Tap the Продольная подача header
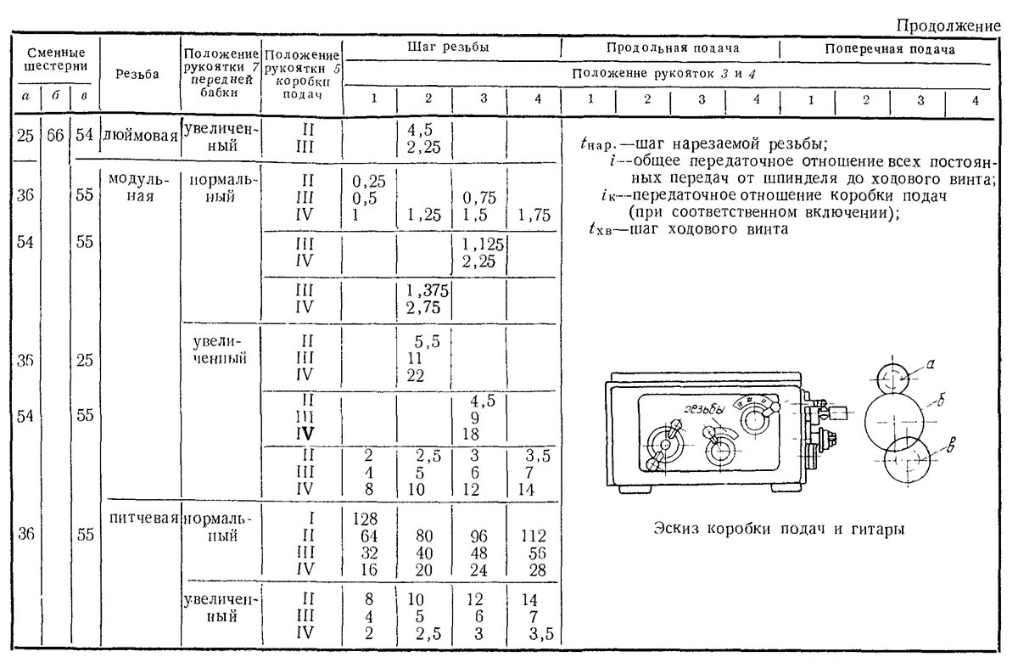coord(671,48)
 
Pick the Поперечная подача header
coord(890,48)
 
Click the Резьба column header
coord(139,74)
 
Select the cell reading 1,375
coord(428,290)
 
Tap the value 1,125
coord(483,244)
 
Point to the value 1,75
coord(534,216)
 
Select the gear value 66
coord(55,136)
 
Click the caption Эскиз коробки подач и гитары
coord(779,529)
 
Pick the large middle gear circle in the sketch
coord(897,418)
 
